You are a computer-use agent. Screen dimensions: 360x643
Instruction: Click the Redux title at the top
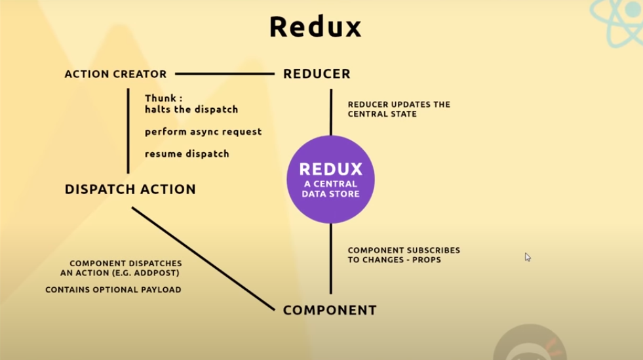(x=315, y=28)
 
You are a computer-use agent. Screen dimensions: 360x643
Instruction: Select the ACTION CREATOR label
(x=115, y=74)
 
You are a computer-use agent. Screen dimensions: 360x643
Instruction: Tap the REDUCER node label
(x=317, y=74)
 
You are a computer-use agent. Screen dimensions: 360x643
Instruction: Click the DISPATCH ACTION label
(x=130, y=190)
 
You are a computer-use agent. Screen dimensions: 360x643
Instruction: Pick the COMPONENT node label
(x=330, y=310)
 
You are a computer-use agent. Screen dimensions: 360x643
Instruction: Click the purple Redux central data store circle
(x=330, y=178)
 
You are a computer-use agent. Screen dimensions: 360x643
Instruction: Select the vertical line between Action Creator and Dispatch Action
(x=128, y=131)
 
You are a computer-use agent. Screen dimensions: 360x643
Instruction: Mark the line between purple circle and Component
(x=330, y=258)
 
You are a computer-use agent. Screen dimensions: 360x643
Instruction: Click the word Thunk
(x=159, y=98)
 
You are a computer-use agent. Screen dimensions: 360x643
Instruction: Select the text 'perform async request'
(x=203, y=132)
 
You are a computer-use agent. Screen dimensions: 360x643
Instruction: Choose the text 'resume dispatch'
(x=187, y=154)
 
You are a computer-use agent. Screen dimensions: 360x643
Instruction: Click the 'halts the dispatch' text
(x=191, y=110)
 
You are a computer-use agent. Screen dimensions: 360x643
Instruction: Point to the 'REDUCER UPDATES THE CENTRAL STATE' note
(x=399, y=109)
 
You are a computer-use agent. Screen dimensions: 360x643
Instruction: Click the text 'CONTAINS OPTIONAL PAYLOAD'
(x=113, y=290)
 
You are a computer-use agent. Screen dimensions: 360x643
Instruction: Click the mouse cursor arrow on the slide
(x=528, y=257)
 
